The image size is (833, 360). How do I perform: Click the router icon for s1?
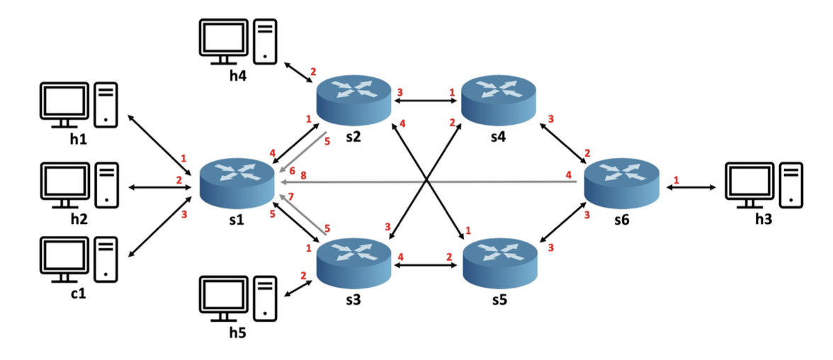pos(237,181)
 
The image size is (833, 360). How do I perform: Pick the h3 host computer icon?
pos(764,186)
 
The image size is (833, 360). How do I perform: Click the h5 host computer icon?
pos(237,298)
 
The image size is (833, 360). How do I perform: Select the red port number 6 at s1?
pos(291,171)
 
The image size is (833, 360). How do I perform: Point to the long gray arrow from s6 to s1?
pos(432,182)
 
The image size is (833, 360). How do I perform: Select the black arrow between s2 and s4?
pos(426,102)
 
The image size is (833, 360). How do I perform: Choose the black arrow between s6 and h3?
pos(694,187)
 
